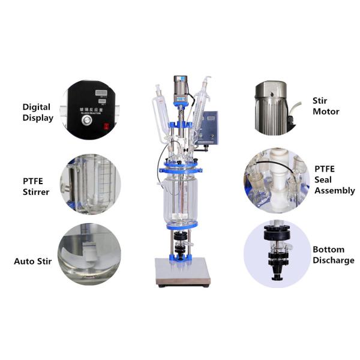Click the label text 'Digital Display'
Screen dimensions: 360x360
[37, 112]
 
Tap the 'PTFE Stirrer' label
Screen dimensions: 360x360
[37, 186]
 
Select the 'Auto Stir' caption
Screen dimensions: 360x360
[32, 262]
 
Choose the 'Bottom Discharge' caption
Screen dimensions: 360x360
[333, 254]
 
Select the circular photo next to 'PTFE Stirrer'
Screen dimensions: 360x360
[90, 184]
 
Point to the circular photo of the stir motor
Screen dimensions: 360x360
[274, 106]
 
